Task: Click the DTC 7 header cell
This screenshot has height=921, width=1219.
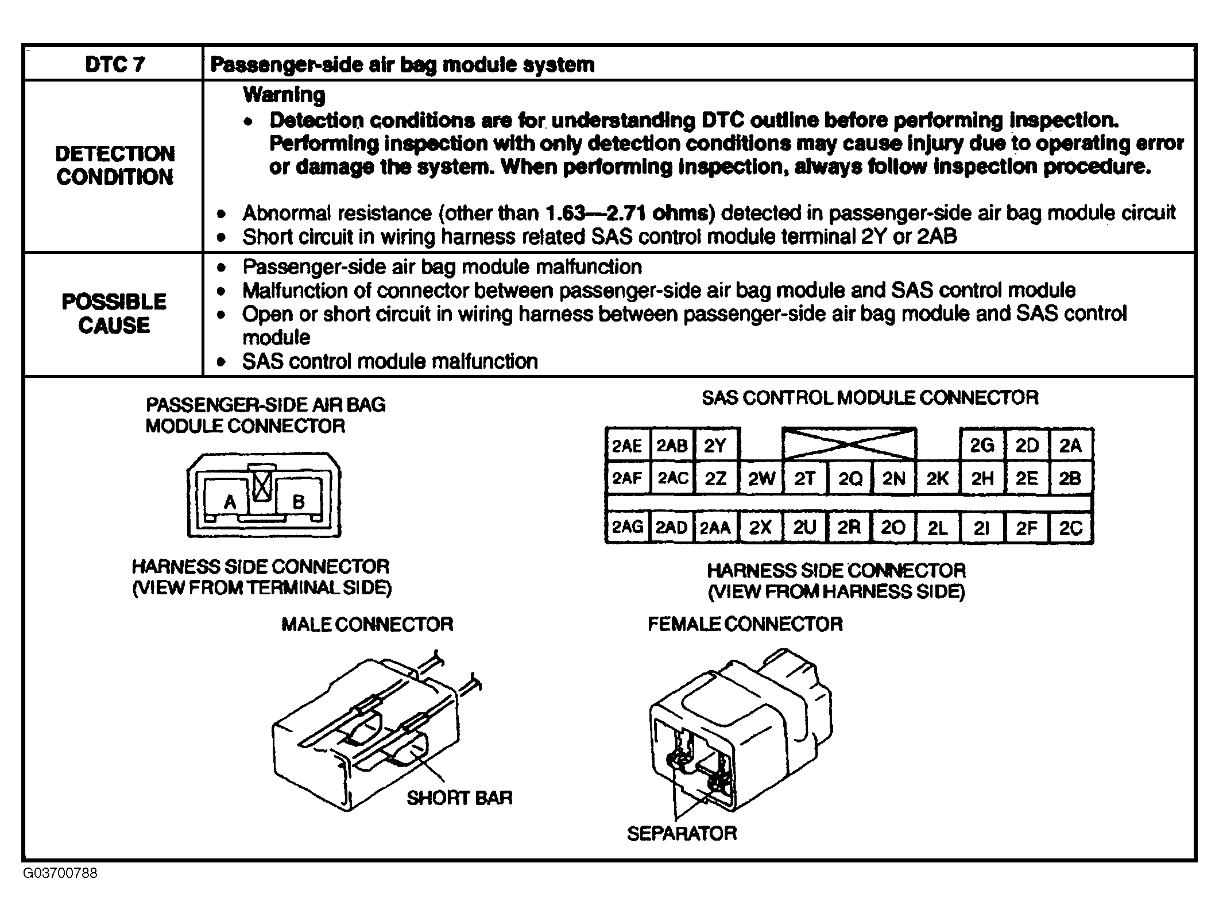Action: click(x=115, y=64)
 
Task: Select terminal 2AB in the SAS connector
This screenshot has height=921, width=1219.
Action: click(x=672, y=446)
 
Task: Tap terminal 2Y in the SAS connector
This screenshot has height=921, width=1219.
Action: click(x=715, y=446)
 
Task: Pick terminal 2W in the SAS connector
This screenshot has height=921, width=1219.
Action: click(x=761, y=478)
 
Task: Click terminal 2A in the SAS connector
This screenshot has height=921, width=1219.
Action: click(x=1070, y=446)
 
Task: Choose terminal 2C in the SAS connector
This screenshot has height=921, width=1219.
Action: click(x=1071, y=528)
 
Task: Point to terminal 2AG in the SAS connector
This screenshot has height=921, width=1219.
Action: click(x=628, y=527)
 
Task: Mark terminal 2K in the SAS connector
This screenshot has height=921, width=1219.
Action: click(x=938, y=478)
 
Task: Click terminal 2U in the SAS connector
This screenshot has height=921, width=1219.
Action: click(x=804, y=528)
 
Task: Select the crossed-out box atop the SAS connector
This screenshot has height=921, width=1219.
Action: click(x=849, y=443)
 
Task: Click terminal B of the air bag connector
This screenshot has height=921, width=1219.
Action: click(x=299, y=502)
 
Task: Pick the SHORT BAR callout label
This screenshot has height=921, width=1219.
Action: click(x=459, y=798)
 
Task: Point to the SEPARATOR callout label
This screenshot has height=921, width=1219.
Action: click(x=682, y=833)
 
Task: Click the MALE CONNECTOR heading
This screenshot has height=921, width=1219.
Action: click(x=367, y=624)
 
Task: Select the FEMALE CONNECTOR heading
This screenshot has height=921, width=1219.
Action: click(x=745, y=624)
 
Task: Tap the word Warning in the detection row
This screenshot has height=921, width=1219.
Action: click(x=284, y=95)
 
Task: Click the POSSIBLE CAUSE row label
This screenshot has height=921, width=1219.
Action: click(x=114, y=314)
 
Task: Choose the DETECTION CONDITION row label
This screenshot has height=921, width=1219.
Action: click(x=115, y=165)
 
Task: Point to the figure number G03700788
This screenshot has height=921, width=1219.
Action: click(x=60, y=873)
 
